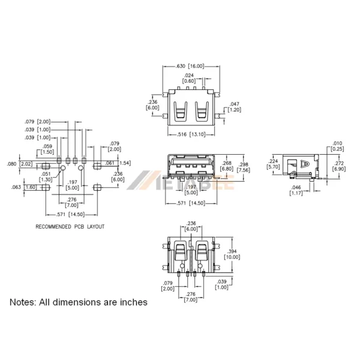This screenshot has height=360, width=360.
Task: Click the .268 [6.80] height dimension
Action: click(227, 166)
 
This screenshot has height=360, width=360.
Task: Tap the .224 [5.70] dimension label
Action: click(274, 164)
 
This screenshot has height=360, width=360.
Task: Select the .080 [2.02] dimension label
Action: click(19, 164)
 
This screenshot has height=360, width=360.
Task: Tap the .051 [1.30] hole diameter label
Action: click(46, 176)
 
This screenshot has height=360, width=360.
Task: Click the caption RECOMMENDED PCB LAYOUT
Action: click(70, 227)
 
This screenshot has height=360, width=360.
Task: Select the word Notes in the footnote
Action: click(23, 302)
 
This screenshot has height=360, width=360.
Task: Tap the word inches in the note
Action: click(132, 302)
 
